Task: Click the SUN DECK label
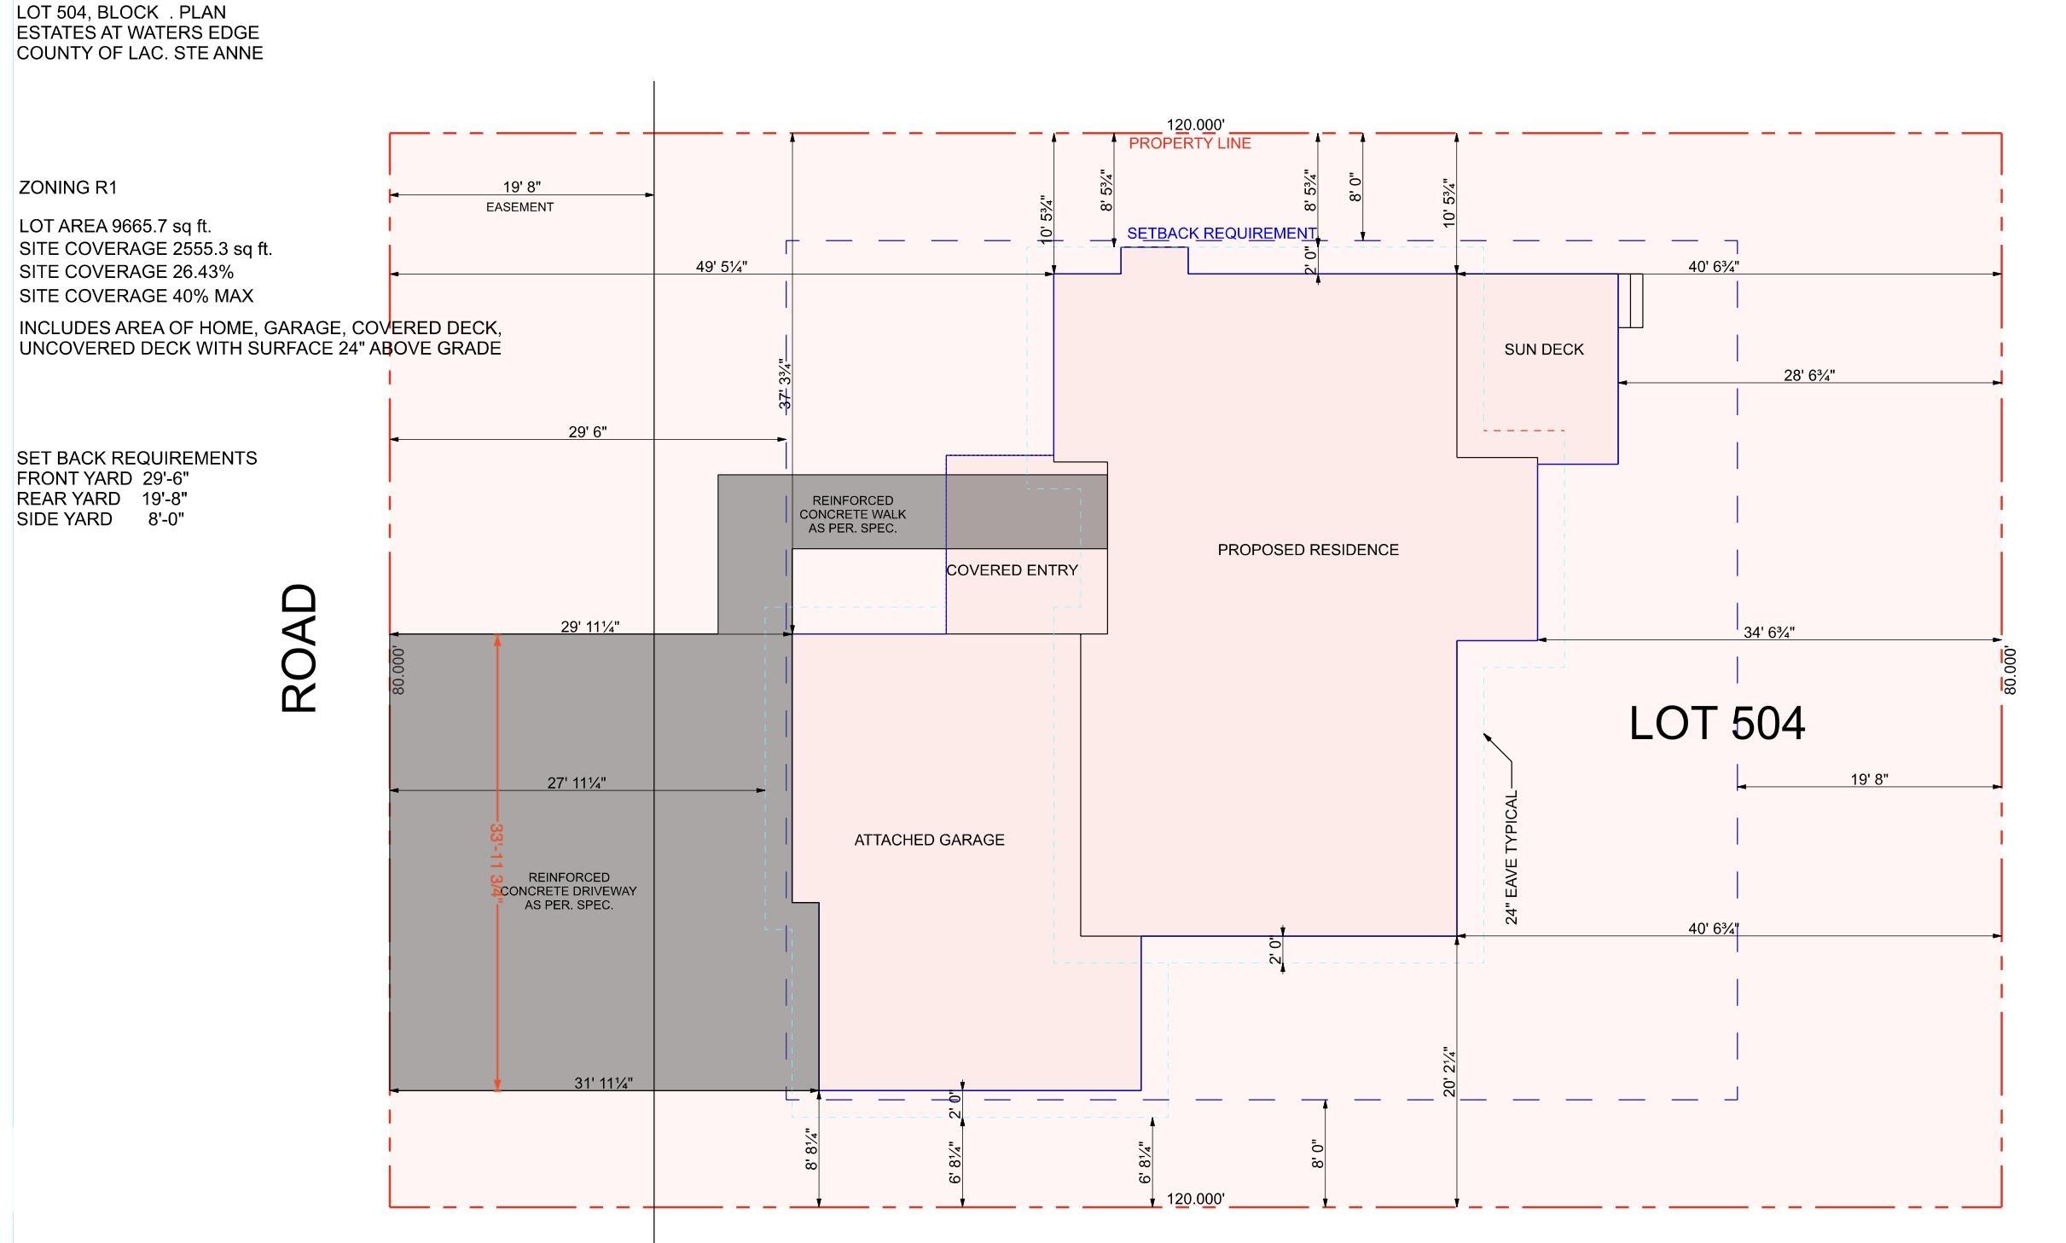(1544, 350)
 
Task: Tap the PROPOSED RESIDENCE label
(1308, 550)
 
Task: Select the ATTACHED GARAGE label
(929, 840)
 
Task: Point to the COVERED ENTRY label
(1012, 570)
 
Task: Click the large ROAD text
(299, 648)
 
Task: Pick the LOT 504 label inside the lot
(1717, 724)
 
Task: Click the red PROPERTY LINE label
(1190, 143)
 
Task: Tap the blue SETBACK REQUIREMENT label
(1222, 233)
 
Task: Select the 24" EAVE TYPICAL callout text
(1512, 858)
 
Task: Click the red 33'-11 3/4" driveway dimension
(496, 859)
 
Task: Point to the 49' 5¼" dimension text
(722, 267)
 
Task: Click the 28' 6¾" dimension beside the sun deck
(1809, 375)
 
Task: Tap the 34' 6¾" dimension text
(1769, 633)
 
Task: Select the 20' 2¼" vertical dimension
(1449, 1072)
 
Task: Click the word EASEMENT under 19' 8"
(519, 207)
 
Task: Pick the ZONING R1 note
(67, 188)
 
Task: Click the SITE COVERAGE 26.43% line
(126, 272)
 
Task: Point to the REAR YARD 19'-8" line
(102, 499)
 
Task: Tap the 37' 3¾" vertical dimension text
(786, 384)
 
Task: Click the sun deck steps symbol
(1631, 301)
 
